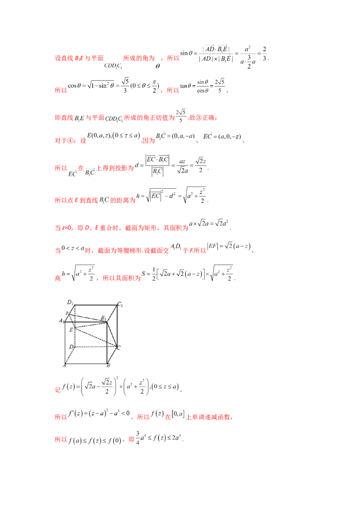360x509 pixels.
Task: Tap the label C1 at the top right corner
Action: [x=120, y=305]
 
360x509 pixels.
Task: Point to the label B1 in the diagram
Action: [x=103, y=318]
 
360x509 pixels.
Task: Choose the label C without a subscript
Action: [x=118, y=348]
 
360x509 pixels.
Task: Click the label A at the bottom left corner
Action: [x=65, y=366]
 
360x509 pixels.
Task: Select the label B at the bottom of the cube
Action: [x=108, y=366]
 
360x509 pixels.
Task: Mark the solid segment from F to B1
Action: [x=88, y=318]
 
